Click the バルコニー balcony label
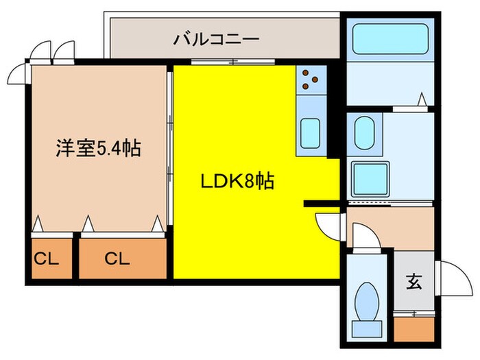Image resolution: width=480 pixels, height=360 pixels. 215,39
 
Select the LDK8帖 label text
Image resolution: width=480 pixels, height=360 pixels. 237,182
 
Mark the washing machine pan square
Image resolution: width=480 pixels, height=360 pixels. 370,178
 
